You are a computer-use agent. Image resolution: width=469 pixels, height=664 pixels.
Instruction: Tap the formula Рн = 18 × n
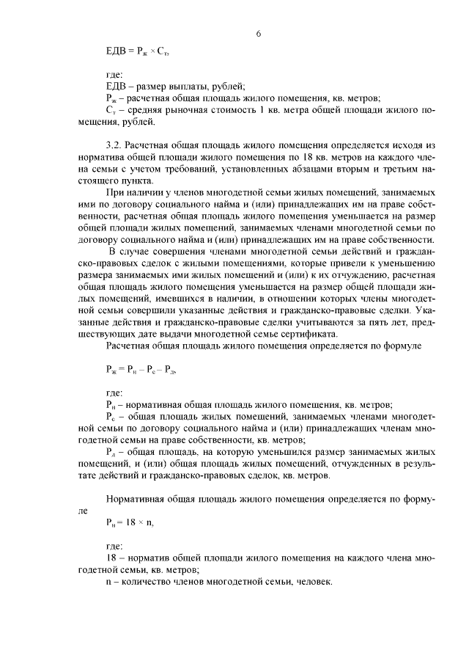[x=130, y=523]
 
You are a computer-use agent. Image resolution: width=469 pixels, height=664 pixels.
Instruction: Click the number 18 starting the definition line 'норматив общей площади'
[x=111, y=558]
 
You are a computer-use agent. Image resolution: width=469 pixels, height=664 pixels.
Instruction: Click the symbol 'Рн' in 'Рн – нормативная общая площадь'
[x=111, y=404]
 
